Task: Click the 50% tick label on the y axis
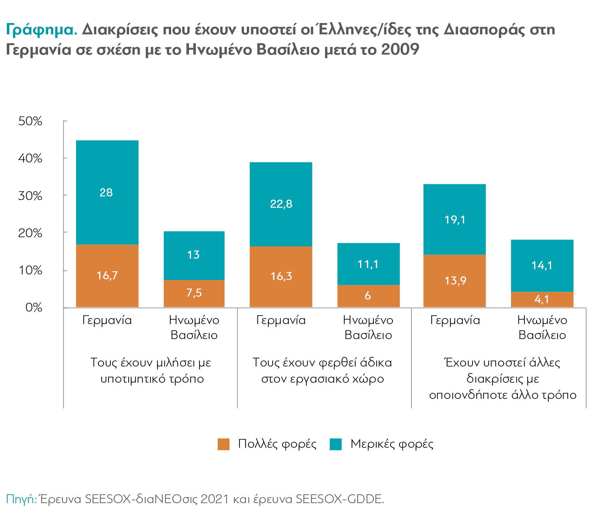coord(30,121)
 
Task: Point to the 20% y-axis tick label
coord(30,233)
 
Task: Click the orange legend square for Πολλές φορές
coord(223,444)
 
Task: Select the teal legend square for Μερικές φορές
coord(336,444)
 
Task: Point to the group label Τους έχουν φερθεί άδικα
coord(322,363)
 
